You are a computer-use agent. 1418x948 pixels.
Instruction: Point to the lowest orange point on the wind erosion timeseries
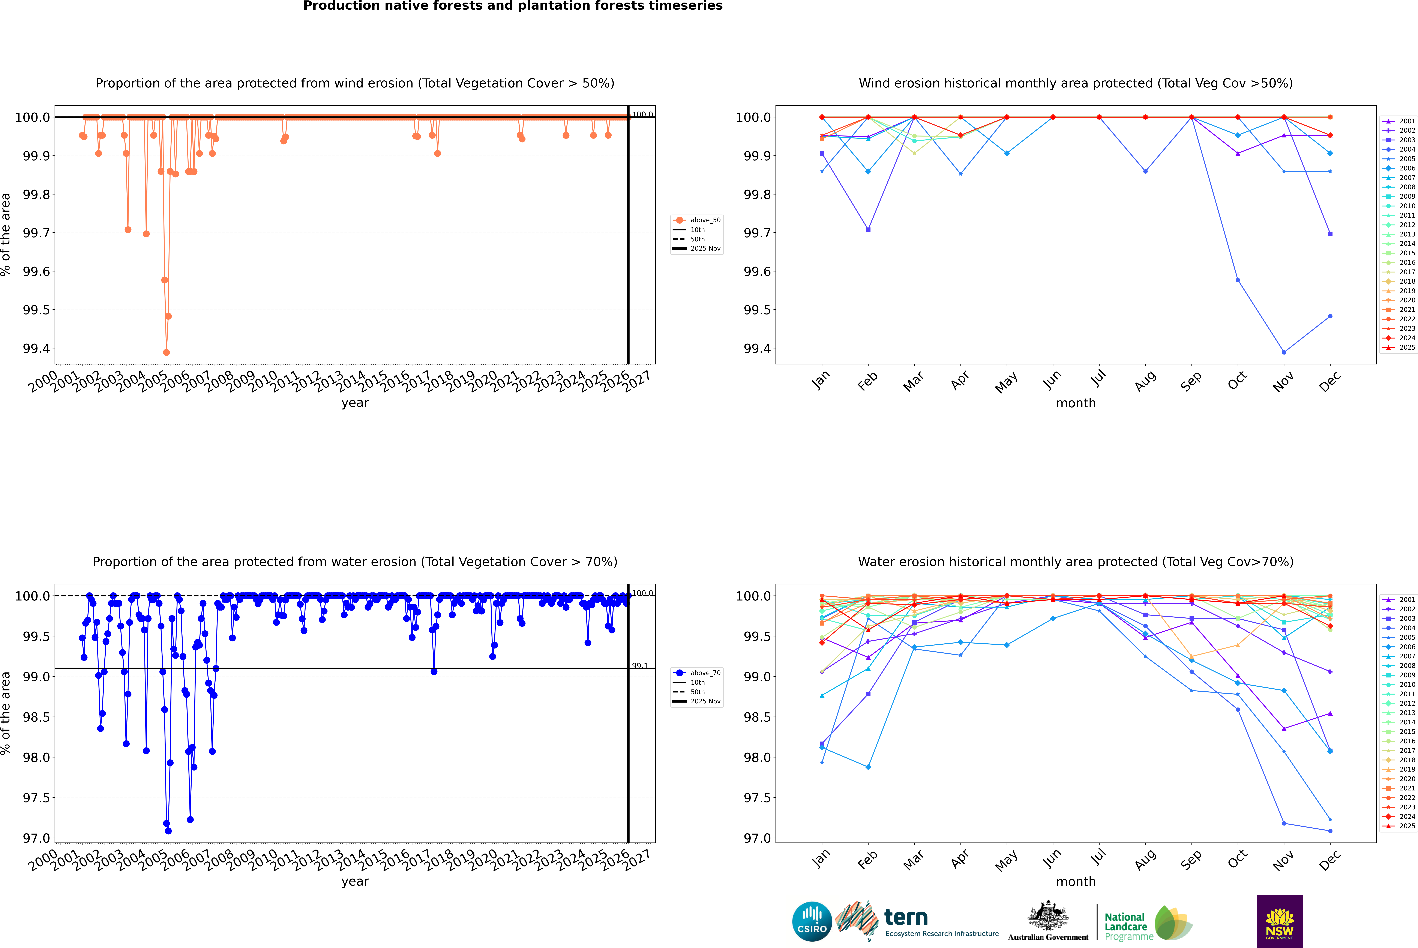(x=166, y=352)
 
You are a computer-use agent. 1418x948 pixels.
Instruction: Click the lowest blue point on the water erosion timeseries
(x=168, y=831)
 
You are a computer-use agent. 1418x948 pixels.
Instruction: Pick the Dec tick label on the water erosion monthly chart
(x=1330, y=859)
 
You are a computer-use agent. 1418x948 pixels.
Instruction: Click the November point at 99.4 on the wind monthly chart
(x=1284, y=352)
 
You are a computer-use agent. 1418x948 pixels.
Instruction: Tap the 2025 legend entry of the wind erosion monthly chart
(x=1406, y=348)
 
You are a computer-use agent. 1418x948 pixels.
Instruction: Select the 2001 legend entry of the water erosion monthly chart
(x=1406, y=600)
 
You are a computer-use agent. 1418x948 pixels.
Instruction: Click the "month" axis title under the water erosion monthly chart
(x=1075, y=882)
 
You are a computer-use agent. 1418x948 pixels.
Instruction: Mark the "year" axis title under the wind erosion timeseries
(x=355, y=403)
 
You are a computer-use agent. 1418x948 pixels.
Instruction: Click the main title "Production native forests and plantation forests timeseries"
(x=513, y=6)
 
